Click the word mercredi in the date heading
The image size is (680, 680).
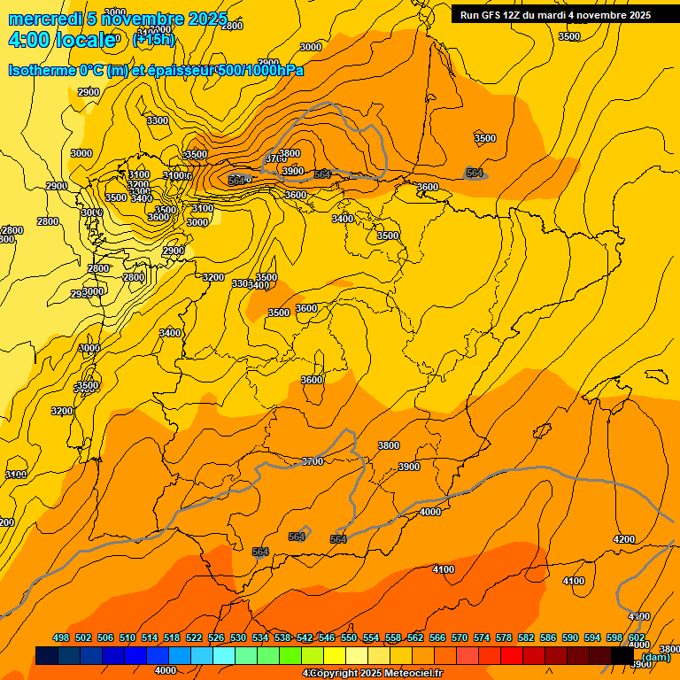(45, 19)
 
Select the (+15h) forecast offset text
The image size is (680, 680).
(154, 40)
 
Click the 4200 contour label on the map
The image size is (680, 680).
(624, 539)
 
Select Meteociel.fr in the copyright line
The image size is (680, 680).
(411, 674)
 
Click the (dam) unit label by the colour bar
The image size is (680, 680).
(655, 656)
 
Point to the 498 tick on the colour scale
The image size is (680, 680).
(61, 637)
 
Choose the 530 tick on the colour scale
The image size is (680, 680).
(238, 637)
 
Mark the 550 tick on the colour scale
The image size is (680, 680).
(349, 637)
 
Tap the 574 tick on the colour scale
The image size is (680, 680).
(482, 637)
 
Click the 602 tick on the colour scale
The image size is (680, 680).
(637, 637)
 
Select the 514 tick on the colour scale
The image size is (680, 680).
(150, 637)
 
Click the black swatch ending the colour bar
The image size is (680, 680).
(622, 655)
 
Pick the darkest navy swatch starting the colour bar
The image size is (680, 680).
(47, 655)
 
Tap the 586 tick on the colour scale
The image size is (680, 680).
(548, 637)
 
